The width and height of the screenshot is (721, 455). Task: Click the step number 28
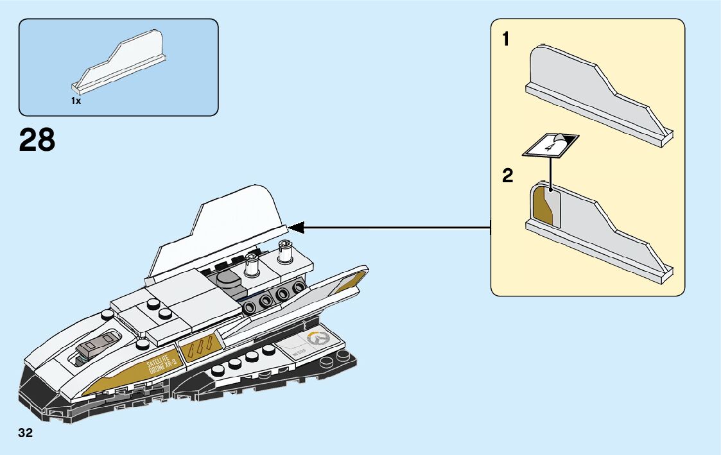point(37,140)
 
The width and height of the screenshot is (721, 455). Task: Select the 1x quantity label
point(76,101)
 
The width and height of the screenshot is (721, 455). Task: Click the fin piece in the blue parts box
point(122,65)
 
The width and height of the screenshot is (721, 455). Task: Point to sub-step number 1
point(506,40)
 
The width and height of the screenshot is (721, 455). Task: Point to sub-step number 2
point(507,176)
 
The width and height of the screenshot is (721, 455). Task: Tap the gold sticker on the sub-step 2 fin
point(542,205)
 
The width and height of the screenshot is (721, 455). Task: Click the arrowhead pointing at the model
point(295,227)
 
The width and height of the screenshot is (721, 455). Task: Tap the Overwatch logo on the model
point(319,338)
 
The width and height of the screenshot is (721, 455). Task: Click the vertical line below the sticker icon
point(551,172)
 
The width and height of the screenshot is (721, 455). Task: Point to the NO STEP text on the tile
point(299,352)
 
